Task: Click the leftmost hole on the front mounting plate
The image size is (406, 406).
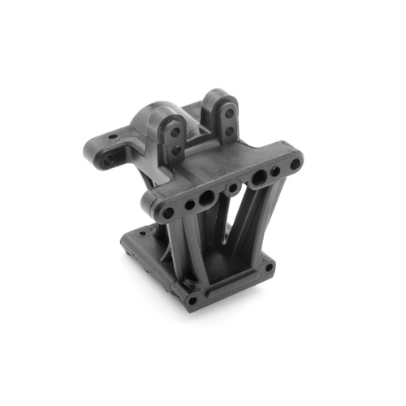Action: pos(167,213)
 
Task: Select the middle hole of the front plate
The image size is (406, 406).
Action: pos(233,188)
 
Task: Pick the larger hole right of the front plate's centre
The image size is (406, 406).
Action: pos(258,178)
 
